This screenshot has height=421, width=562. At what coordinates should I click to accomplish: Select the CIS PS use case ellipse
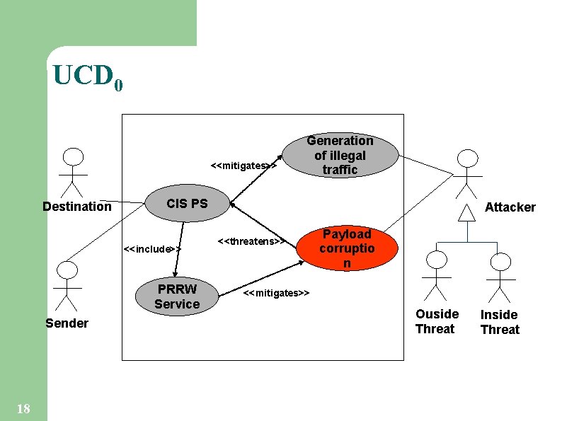(x=187, y=204)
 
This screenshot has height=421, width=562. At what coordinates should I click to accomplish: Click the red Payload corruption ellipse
(x=347, y=248)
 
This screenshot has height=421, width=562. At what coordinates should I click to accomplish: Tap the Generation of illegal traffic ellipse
(x=340, y=155)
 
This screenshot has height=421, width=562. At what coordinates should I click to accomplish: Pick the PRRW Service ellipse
(x=178, y=296)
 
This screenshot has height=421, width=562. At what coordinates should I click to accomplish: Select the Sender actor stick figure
(x=66, y=286)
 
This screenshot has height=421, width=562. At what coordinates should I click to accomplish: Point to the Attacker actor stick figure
(x=466, y=174)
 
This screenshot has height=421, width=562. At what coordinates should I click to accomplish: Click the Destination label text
(x=76, y=207)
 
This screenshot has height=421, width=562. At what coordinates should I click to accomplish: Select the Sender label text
(x=67, y=323)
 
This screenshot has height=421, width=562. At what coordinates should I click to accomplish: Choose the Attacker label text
(x=510, y=207)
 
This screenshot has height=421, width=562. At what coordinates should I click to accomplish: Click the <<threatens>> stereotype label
(x=251, y=241)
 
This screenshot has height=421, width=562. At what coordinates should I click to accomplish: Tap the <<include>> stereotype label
(x=152, y=249)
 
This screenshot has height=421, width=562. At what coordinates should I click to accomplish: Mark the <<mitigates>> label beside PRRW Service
(x=276, y=293)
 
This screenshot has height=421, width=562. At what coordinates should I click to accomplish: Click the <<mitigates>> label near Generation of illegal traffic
(x=243, y=166)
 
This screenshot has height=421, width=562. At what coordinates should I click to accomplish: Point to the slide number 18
(x=23, y=408)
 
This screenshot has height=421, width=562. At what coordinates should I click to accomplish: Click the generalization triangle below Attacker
(x=466, y=212)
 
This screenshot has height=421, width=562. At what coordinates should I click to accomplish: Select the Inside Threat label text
(x=500, y=322)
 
